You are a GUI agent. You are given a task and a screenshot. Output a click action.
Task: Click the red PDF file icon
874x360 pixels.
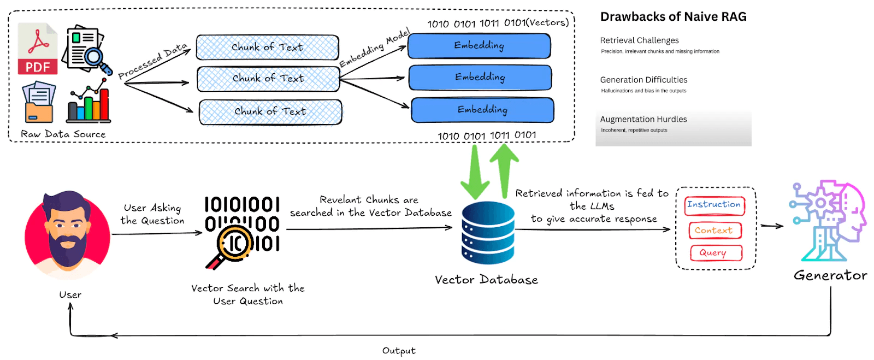tap(38, 48)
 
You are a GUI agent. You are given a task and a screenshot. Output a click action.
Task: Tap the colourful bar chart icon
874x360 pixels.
tap(88, 102)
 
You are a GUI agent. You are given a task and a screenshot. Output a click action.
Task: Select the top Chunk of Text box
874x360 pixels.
tap(267, 48)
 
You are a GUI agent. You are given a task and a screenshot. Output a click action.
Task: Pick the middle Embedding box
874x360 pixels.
tap(480, 77)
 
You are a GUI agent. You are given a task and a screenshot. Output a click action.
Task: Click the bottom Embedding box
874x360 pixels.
tap(482, 110)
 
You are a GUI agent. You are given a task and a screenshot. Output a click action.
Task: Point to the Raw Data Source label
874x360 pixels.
tap(63, 134)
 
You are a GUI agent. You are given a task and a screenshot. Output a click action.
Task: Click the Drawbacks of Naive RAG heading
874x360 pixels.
tap(673, 17)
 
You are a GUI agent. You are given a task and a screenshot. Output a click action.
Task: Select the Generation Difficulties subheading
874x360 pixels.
tap(643, 80)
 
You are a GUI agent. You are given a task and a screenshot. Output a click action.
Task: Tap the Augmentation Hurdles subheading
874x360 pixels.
tap(643, 119)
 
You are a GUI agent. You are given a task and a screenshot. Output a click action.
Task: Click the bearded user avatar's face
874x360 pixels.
tap(67, 229)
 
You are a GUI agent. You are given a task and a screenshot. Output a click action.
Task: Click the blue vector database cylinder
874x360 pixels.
tap(488, 233)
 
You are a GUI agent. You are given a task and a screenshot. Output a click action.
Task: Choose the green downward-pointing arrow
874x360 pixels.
tap(475, 172)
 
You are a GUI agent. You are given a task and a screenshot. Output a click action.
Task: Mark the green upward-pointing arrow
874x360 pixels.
tap(504, 169)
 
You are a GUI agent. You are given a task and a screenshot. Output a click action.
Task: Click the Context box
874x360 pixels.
tap(714, 231)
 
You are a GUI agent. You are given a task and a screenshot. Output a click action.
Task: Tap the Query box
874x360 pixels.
tap(714, 253)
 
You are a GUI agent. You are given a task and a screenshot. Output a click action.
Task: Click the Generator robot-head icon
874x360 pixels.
tap(828, 221)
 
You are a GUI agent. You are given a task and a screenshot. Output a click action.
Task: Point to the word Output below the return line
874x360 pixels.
tap(399, 351)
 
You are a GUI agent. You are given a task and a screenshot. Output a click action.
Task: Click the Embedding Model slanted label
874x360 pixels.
tap(374, 49)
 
